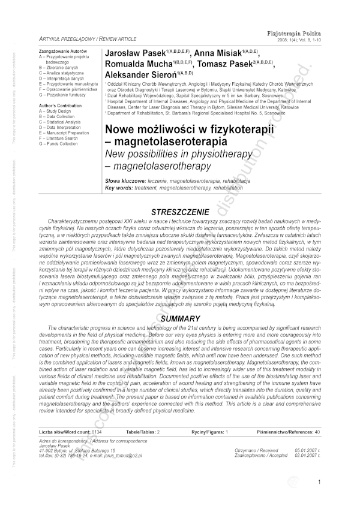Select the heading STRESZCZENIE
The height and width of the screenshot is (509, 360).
pyautogui.click(x=179, y=212)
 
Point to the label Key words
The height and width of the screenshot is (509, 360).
pyautogui.click(x=119, y=187)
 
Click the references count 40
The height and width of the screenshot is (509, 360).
pyautogui.click(x=317, y=432)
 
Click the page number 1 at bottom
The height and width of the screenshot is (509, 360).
pyautogui.click(x=320, y=481)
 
